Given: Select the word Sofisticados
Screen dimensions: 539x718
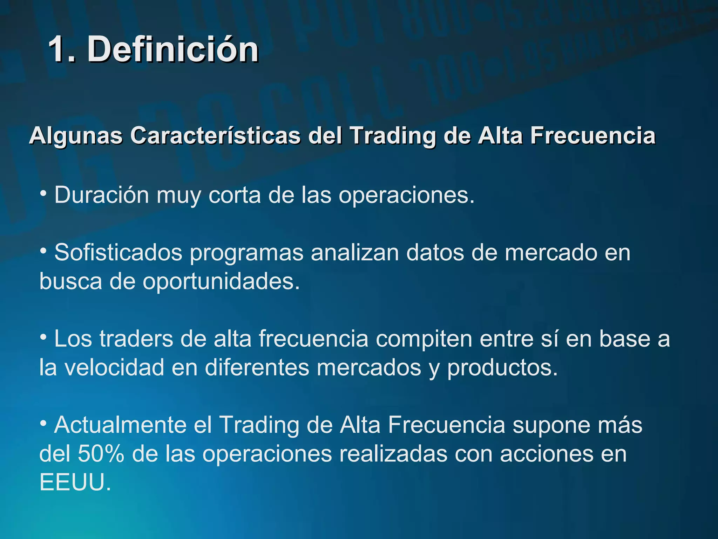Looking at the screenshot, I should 118,252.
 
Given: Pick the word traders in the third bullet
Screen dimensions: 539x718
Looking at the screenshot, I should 136,339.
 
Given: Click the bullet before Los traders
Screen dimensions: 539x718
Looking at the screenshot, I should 44,337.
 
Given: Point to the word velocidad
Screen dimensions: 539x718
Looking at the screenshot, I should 114,368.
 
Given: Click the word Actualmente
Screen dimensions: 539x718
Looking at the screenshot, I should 120,425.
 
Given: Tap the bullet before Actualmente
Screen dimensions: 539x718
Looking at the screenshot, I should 44,423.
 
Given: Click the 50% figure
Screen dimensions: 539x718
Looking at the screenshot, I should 101,454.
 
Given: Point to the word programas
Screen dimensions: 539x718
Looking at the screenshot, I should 246,253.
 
